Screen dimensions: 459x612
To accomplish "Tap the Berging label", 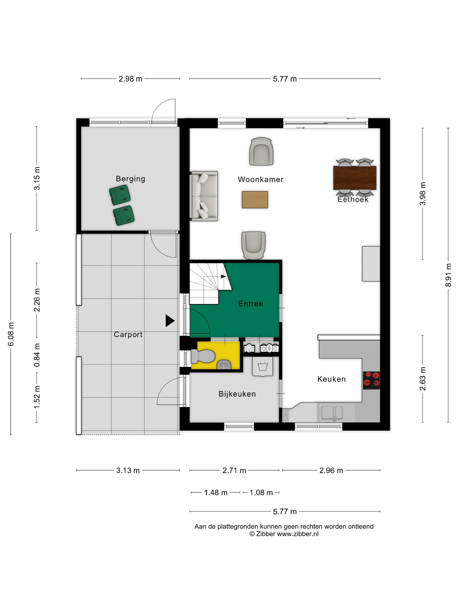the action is (130, 179).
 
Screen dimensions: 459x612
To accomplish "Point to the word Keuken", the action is (331, 379).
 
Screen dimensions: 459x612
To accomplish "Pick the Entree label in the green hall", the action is (251, 304).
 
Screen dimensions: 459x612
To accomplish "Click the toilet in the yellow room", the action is (203, 356).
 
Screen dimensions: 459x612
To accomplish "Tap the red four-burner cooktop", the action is (371, 380).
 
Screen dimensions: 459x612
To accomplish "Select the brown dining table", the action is (355, 178).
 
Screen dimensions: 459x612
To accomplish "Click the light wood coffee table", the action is (255, 200).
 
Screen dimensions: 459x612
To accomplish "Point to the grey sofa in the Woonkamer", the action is (204, 196).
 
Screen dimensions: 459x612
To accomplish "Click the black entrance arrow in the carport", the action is (170, 321).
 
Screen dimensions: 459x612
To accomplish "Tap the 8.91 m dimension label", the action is (448, 275).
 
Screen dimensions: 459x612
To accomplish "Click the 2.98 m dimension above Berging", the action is (130, 79).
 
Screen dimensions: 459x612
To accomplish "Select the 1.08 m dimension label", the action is (261, 492).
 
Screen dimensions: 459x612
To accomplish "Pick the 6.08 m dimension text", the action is (11, 334).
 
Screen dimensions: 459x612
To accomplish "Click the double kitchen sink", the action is (332, 413).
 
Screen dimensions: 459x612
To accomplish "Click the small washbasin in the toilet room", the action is (224, 365).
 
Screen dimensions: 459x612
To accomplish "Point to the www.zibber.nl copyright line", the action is (284, 534).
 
